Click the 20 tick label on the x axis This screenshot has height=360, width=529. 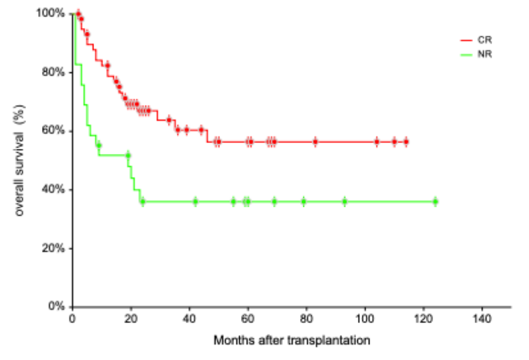coord(131,318)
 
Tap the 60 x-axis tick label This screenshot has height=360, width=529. coord(248,318)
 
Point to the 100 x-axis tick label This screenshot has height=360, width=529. coord(365,318)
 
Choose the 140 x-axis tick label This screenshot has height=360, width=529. coord(482,318)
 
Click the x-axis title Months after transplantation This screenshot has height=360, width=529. coord(292,340)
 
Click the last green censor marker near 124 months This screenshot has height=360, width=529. coord(436,202)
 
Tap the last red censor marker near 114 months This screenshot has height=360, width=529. coord(406,142)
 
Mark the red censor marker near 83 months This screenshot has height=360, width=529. coord(315,142)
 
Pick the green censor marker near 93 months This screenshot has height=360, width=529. coord(345,202)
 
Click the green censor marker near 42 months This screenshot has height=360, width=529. coord(195,202)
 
